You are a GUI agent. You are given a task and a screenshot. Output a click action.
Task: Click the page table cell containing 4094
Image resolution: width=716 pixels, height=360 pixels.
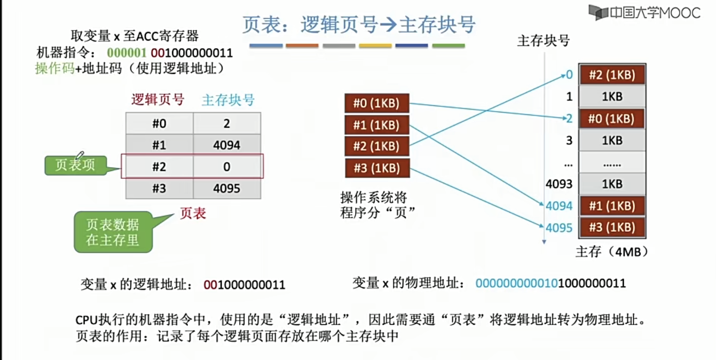point(226,145)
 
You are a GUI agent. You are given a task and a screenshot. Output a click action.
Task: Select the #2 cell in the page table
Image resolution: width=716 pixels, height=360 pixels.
point(159,167)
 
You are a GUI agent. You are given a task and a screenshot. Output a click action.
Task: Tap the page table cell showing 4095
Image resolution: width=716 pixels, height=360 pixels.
point(226,188)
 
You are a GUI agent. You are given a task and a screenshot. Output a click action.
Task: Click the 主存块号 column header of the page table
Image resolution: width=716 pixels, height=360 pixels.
point(228,100)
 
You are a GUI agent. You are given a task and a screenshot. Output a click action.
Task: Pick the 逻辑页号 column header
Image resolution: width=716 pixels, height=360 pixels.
point(158,100)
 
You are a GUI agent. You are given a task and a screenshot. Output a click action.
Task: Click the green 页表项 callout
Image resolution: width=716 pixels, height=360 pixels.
point(76,165)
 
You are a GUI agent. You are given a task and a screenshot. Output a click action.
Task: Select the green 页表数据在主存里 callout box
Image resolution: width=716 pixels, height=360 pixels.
point(113,232)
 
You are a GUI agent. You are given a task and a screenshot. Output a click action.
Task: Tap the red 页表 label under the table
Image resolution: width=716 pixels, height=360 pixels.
point(193,214)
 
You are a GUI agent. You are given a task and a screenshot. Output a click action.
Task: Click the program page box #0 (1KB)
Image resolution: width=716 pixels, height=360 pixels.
point(376,103)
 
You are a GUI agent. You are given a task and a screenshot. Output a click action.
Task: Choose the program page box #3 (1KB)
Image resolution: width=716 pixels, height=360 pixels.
point(376,168)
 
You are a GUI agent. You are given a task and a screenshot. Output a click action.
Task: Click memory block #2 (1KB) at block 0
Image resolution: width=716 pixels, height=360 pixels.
point(611,75)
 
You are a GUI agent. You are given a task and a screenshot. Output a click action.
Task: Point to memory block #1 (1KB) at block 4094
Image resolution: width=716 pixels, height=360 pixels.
point(611,206)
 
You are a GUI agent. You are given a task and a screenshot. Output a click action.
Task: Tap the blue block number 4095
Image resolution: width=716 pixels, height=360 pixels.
point(559,228)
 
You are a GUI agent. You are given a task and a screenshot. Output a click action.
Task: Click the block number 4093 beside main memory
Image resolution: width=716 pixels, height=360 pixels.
point(559,184)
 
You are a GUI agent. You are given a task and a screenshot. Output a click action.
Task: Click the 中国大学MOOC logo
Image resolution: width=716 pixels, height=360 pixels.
point(644,12)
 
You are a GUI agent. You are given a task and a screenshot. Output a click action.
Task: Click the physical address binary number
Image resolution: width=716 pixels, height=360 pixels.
point(550,283)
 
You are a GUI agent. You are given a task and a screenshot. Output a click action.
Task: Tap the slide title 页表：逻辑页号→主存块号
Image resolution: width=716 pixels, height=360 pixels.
point(358,25)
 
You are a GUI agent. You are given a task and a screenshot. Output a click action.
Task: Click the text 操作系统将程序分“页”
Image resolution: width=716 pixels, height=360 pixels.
point(374,205)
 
